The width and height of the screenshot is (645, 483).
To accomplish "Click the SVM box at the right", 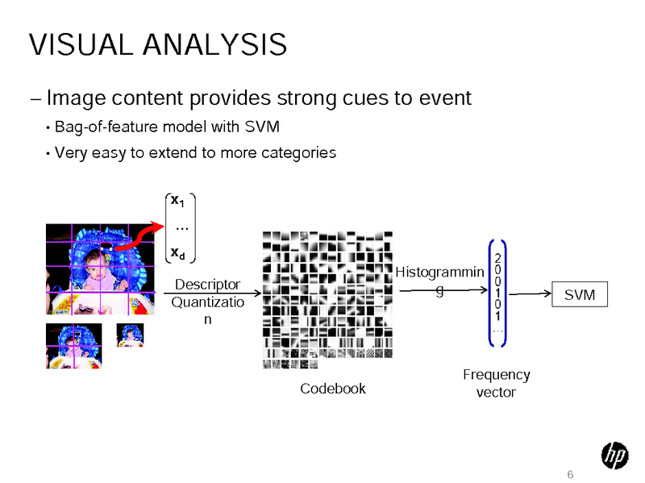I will tap(580, 295).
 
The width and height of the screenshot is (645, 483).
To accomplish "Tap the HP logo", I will tap(614, 457).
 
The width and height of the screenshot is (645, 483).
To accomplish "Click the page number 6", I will tap(570, 473).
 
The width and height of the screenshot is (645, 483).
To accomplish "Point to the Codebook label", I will tap(332, 389).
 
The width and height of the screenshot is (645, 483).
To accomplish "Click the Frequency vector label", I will tap(496, 384).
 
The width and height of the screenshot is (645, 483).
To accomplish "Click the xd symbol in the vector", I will tap(177, 253).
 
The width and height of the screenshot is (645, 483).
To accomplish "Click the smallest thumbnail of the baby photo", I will tap(130, 335).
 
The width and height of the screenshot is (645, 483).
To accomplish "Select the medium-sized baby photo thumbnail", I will tap(73, 346).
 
